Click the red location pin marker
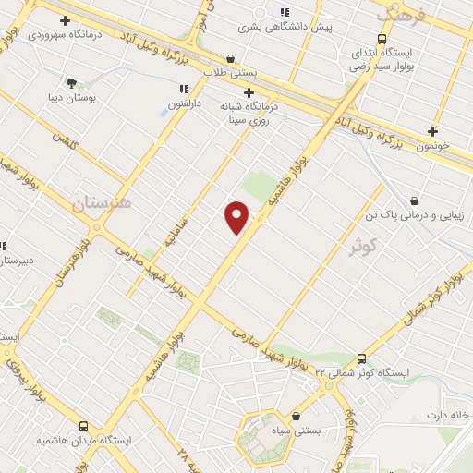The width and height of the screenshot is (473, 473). (x=237, y=217)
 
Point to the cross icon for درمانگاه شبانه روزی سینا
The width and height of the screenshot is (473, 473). (x=249, y=92)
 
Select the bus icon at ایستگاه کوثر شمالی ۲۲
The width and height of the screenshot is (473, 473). (x=360, y=358)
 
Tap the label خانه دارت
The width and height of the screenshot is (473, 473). (x=448, y=415)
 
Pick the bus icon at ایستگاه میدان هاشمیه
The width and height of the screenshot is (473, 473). (x=84, y=427)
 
